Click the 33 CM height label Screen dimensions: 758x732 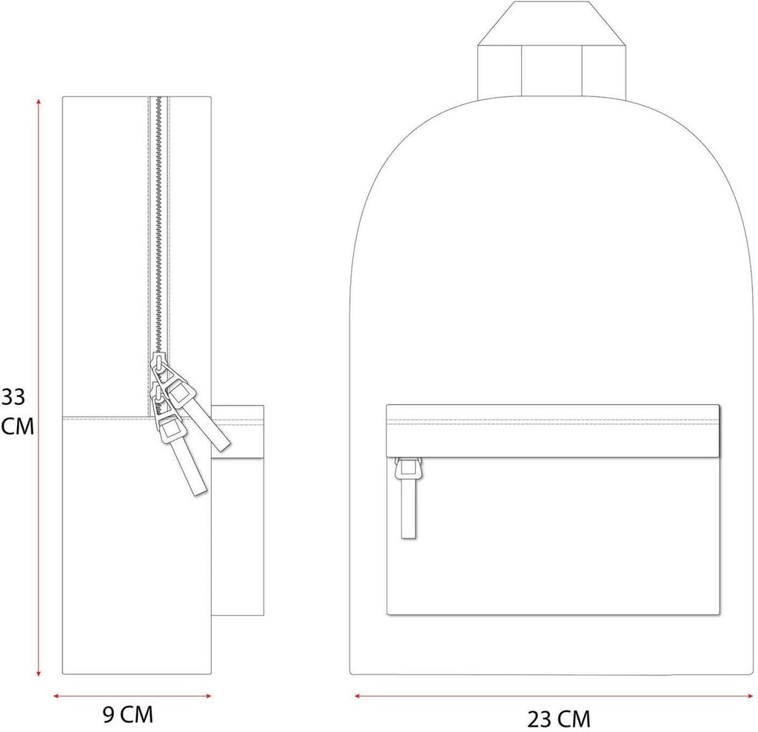(17, 412)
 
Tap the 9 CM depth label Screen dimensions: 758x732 (128, 714)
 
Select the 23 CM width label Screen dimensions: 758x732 (558, 719)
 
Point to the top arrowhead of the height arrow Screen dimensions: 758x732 (38, 101)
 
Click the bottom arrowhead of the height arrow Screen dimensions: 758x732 (38, 673)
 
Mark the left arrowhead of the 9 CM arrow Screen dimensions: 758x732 (56, 696)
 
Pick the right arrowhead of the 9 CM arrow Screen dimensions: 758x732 (208, 696)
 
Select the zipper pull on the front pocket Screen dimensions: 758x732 (409, 498)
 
